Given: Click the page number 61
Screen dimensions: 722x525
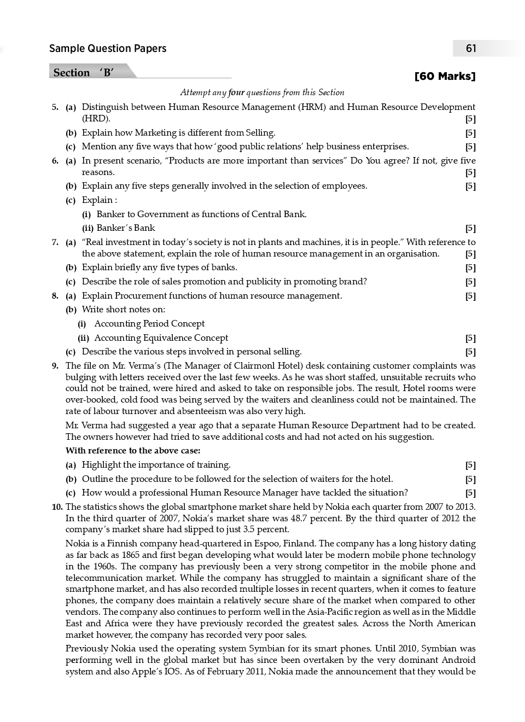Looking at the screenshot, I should (x=471, y=49).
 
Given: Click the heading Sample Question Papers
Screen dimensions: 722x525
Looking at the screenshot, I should (x=108, y=49).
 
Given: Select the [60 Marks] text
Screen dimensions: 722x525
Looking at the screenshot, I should (x=445, y=76).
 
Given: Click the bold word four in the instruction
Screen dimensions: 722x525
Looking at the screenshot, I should (x=236, y=92).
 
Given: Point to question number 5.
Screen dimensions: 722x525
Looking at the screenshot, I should (x=55, y=107).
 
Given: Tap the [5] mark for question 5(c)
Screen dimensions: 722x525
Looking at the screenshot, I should (x=470, y=147).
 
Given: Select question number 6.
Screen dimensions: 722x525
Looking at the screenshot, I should (x=55, y=161).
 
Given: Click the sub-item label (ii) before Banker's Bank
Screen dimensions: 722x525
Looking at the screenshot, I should (x=87, y=228).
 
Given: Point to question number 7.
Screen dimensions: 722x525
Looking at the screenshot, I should (x=55, y=242).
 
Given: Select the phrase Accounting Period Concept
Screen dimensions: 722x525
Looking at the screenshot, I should (x=149, y=324).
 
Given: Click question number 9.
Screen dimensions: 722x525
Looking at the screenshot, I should (x=55, y=366).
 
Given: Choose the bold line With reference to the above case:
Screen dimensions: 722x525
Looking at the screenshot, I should (x=133, y=451).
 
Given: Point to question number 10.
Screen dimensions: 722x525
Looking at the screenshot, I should (x=57, y=507).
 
